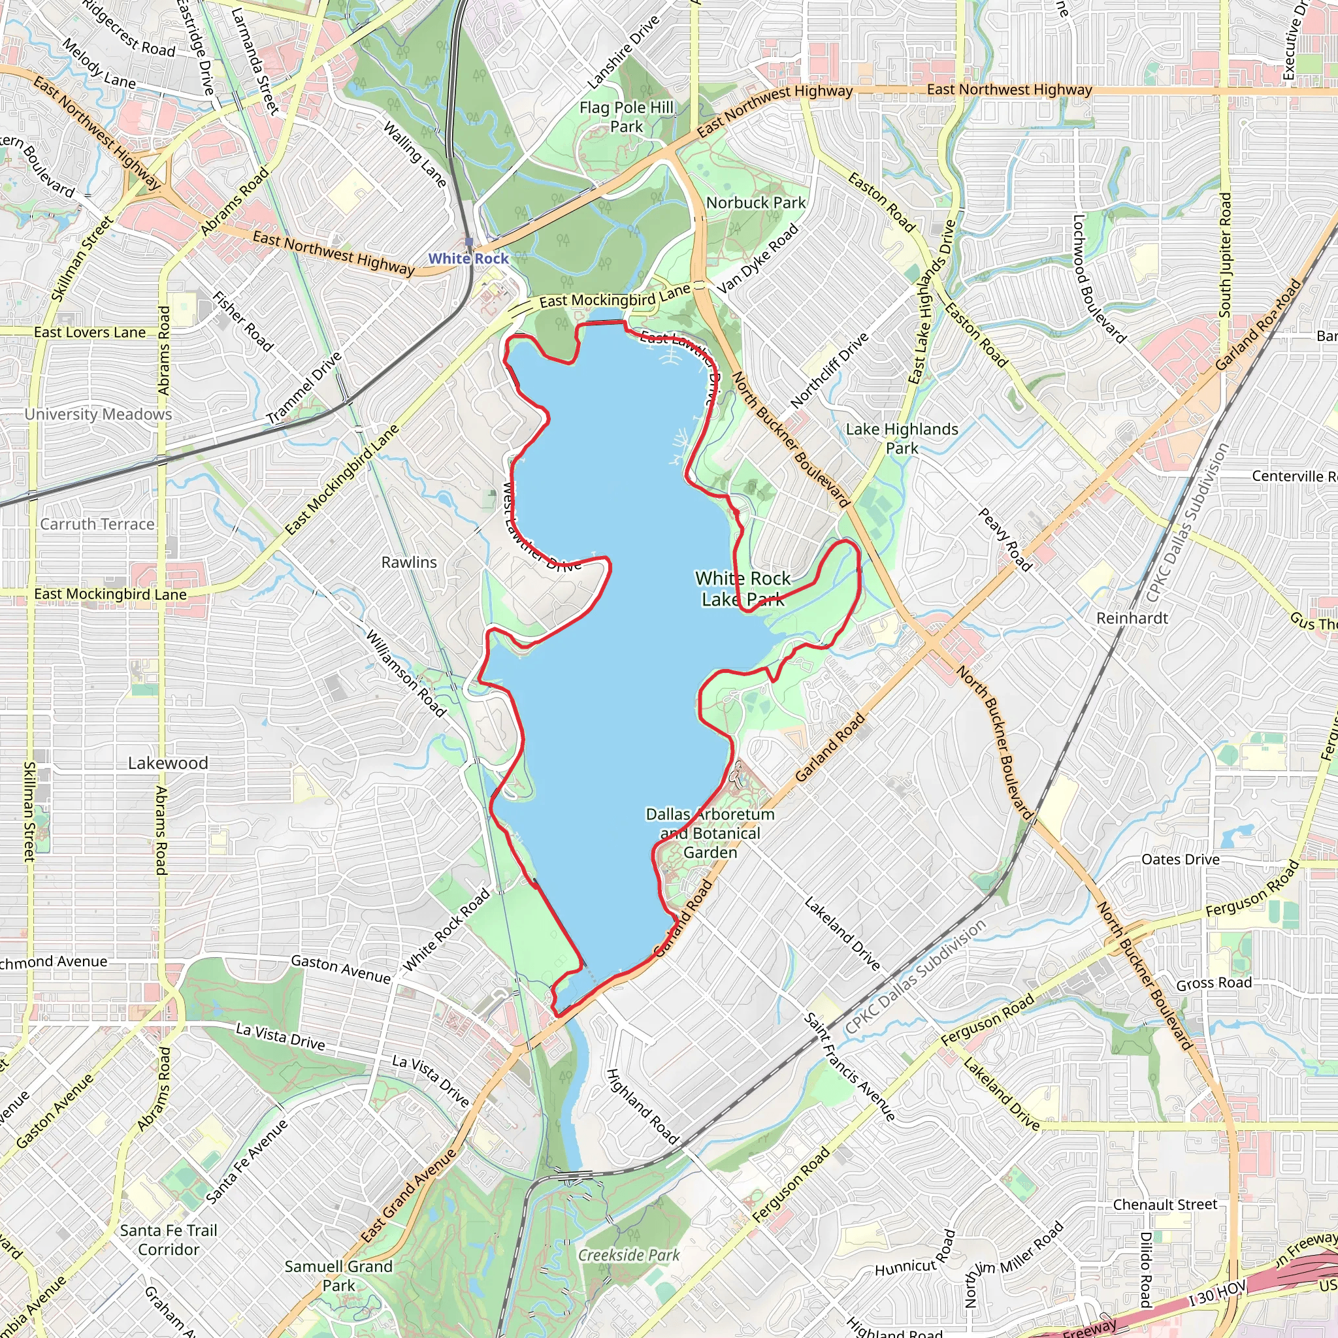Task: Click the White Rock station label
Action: (468, 258)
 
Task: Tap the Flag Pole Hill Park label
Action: (626, 117)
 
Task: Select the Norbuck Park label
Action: (756, 203)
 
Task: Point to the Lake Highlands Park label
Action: (902, 438)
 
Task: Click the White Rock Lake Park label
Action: (742, 589)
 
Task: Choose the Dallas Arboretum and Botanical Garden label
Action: (710, 833)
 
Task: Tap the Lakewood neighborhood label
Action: (168, 763)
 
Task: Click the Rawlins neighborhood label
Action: (408, 563)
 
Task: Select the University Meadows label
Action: (99, 414)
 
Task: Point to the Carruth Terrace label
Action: (97, 524)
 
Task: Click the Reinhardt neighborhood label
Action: (1132, 618)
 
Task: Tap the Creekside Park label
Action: (629, 1255)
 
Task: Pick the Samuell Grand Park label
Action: (338, 1275)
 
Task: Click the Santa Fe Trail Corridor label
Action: (169, 1239)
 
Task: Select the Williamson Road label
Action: (406, 672)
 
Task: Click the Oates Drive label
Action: (1180, 860)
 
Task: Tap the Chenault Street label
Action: (1165, 1204)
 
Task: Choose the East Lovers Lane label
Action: (90, 333)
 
